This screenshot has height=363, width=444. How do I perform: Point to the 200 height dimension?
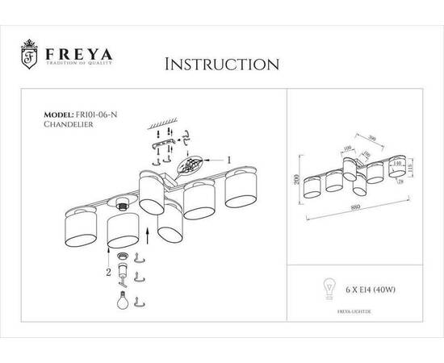coord(297,181)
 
